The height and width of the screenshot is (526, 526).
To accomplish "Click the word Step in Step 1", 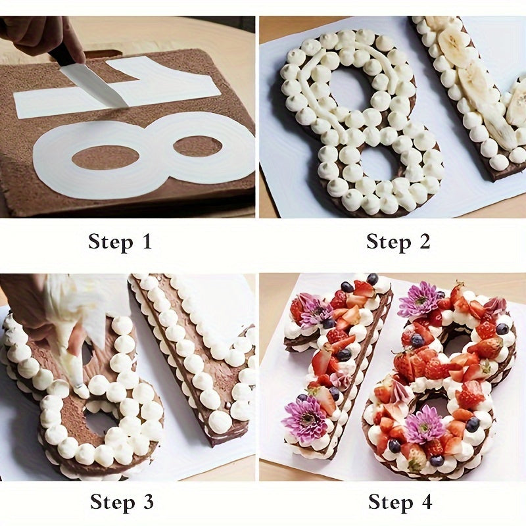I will point(110,241).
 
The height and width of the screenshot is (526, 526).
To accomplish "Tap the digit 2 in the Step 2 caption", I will point(424,241).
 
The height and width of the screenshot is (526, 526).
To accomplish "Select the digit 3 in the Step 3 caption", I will point(147,502).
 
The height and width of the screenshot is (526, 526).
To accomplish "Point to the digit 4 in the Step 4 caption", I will point(426,502).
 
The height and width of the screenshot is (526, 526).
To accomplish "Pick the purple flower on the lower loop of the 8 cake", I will point(423,424).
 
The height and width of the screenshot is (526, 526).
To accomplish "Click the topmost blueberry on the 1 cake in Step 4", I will point(373,279).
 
